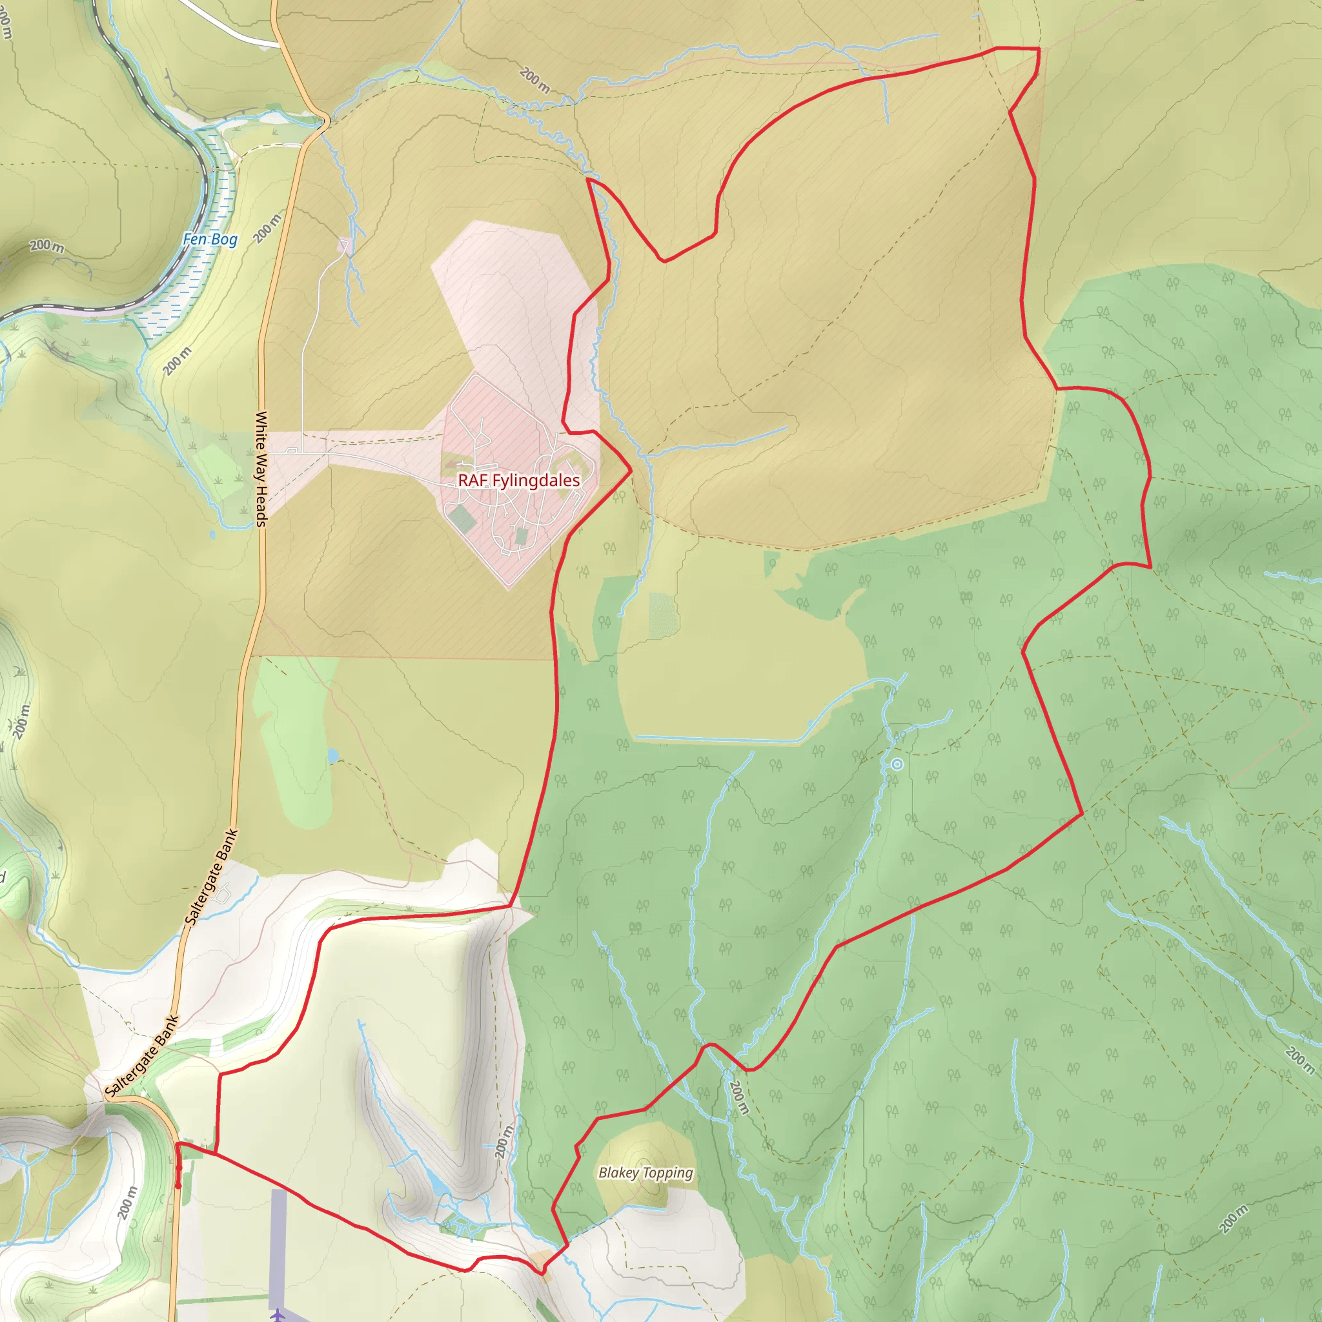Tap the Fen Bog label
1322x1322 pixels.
(x=210, y=239)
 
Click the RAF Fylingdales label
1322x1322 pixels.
(x=519, y=480)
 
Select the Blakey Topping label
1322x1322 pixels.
(x=646, y=1173)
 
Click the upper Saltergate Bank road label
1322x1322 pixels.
(x=212, y=877)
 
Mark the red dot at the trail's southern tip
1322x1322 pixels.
(x=179, y=1185)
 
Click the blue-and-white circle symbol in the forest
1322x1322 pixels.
(x=897, y=764)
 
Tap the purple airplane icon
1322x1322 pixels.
(x=277, y=1314)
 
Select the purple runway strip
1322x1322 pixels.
(x=278, y=1245)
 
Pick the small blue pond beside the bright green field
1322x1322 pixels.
(x=332, y=755)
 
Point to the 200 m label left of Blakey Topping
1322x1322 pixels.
(x=504, y=1141)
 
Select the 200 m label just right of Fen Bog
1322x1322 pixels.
(x=267, y=229)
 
